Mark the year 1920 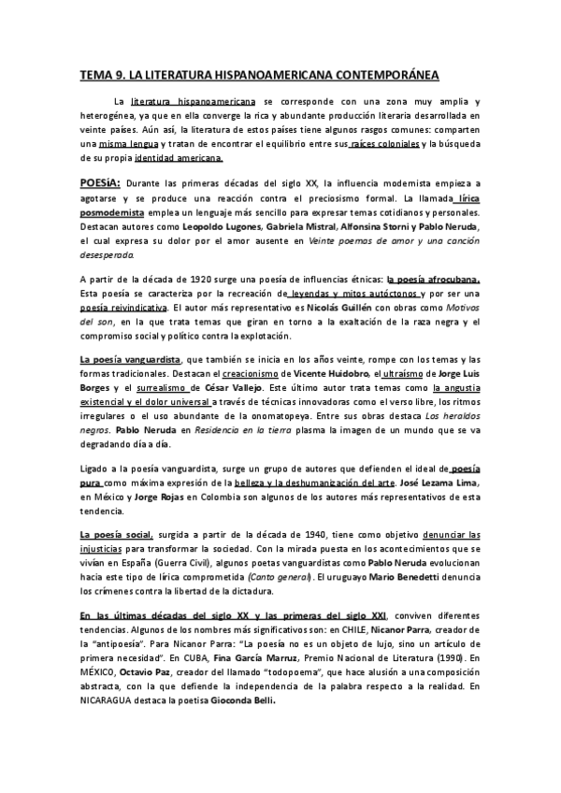pos(187,279)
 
